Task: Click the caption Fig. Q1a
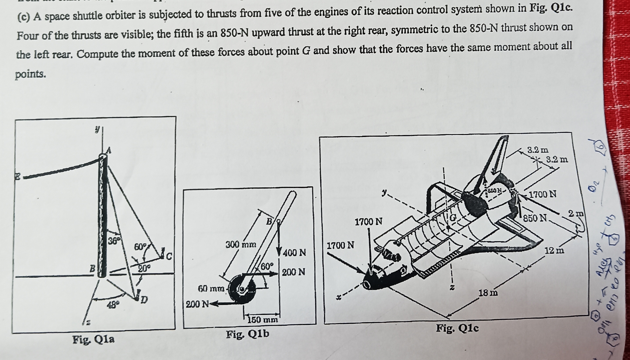pos(94,339)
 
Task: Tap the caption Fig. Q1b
pos(248,334)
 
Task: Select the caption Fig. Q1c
pos(457,328)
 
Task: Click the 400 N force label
pos(294,253)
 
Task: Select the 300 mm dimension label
pos(241,245)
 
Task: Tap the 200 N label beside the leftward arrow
pos(197,304)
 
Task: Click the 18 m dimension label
pos(488,293)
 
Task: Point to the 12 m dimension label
pos(554,250)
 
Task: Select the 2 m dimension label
pos(576,213)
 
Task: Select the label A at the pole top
pos(108,151)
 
